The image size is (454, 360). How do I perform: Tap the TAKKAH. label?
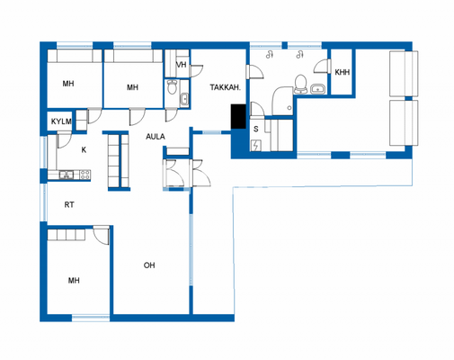pos(224,87)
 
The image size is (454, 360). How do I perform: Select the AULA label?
pos(156,137)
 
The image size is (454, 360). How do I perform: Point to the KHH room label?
pos(342,72)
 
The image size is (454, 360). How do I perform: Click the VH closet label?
pos(181,65)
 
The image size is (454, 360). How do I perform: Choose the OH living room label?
pos(151,265)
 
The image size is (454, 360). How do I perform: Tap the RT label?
pos(69,205)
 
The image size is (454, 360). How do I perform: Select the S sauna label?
pos(256,129)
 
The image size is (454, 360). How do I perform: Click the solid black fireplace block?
pos(239,117)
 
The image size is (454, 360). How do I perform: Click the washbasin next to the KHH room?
pos(318,89)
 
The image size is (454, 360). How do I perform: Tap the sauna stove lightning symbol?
pos(255,146)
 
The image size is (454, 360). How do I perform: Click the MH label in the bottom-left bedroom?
pos(74,281)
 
